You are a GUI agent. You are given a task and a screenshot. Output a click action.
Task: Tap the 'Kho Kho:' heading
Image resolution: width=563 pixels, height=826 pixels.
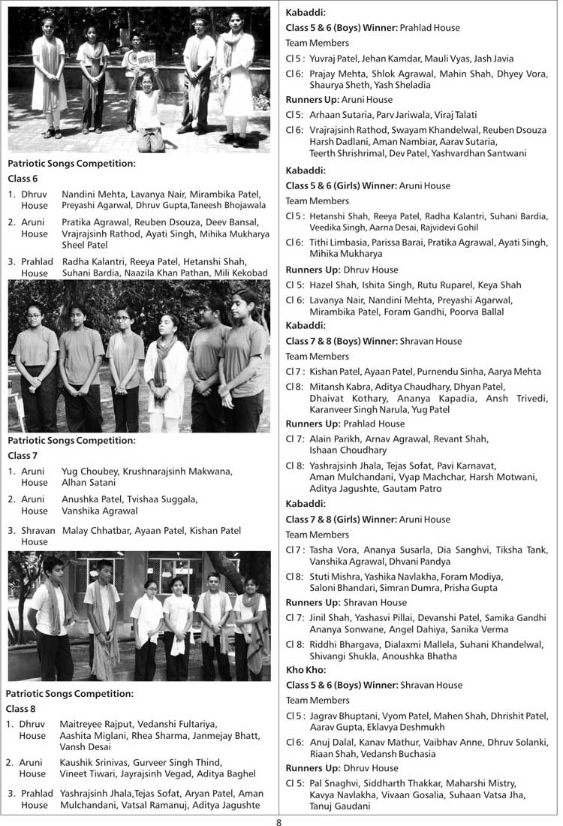(303, 669)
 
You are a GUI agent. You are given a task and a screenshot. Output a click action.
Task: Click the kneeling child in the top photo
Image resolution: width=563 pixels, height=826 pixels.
(148, 113)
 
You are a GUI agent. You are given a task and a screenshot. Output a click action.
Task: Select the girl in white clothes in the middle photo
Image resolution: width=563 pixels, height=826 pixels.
(166, 368)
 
